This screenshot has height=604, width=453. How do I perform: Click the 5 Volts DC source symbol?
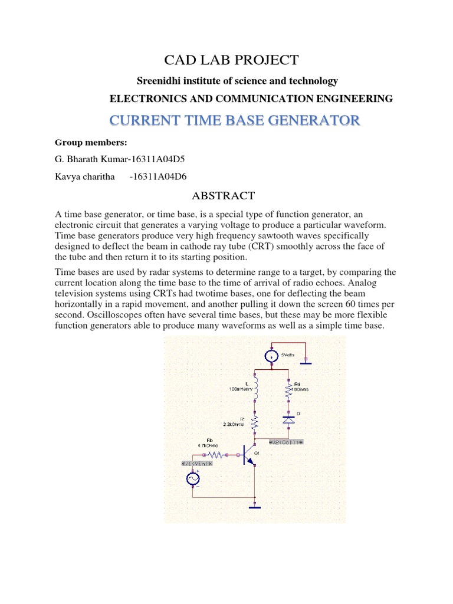click(271, 356)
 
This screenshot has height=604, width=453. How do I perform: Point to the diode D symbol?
click(288, 419)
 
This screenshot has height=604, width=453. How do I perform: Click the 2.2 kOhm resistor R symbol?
click(255, 422)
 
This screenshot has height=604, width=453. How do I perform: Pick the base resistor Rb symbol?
click(215, 455)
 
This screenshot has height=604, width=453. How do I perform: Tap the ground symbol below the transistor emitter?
click(255, 505)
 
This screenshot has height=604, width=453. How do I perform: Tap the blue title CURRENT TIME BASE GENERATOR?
click(234, 121)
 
